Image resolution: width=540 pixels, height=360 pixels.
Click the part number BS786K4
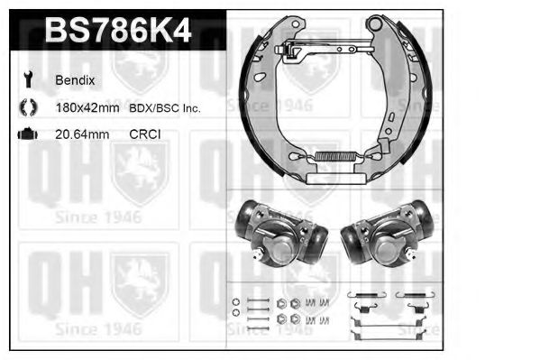117,32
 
